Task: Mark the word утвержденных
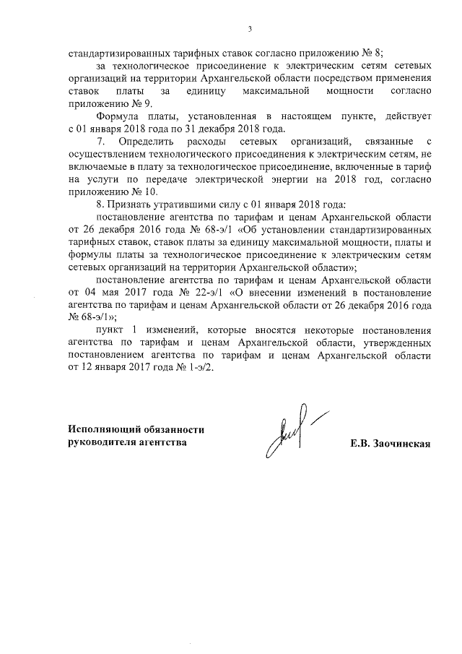399,343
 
